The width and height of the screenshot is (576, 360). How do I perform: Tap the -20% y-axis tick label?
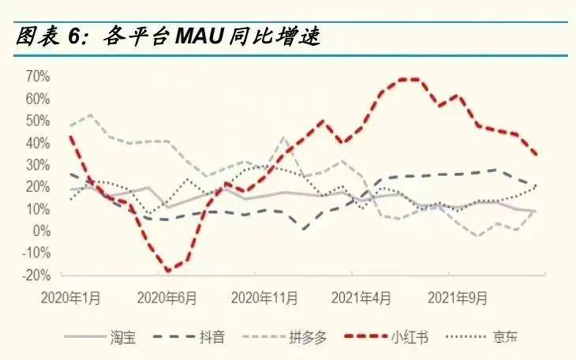click(x=37, y=276)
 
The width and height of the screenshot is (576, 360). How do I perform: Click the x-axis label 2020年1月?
click(x=72, y=299)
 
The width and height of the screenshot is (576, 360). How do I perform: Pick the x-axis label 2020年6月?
click(x=166, y=299)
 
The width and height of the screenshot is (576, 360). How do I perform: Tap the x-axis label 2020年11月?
click(x=265, y=299)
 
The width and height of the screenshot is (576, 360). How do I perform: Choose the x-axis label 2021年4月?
click(x=361, y=299)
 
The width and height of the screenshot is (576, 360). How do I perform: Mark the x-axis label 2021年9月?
click(x=457, y=299)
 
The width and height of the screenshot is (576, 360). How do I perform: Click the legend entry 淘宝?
click(x=123, y=338)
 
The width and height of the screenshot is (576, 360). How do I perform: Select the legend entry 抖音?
click(x=212, y=338)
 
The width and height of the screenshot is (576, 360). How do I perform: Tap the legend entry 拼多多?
click(x=309, y=338)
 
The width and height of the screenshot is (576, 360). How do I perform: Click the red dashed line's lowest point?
click(x=168, y=271)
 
